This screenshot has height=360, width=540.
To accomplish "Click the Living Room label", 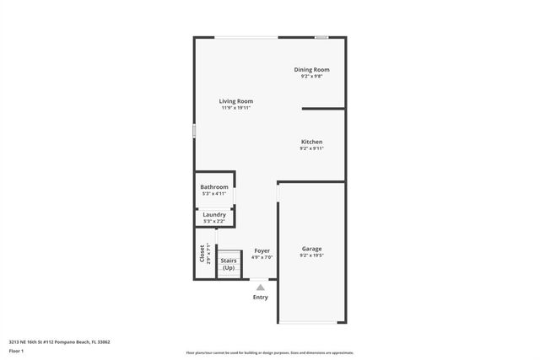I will tap(236, 101).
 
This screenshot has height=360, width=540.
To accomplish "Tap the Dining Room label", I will tap(311, 69).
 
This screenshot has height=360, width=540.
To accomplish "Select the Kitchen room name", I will tap(311, 142).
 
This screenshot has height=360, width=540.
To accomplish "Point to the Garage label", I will tap(311, 249).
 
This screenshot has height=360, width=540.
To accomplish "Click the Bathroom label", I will tap(214, 187).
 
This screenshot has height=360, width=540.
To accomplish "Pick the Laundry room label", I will tap(214, 215).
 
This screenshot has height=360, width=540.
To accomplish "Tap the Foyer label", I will tap(262, 250).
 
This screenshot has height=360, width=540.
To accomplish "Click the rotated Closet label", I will tap(202, 253).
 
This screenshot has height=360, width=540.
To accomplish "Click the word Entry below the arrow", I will tap(261, 297).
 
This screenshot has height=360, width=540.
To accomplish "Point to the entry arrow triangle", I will tap(261, 287).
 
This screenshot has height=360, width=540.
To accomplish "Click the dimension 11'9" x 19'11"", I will tap(236, 108).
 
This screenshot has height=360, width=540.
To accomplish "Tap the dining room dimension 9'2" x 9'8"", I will tap(311, 76).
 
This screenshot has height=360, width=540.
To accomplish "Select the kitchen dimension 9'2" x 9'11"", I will tap(311, 148).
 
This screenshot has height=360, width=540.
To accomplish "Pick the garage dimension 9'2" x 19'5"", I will tap(311, 255).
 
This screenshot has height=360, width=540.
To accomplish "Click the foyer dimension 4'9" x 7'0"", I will tap(262, 257).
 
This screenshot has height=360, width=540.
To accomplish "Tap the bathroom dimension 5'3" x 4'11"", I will tap(214, 194).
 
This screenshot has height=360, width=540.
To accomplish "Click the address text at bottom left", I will tap(59, 342).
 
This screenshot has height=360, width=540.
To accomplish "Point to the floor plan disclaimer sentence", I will tap(270, 353).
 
